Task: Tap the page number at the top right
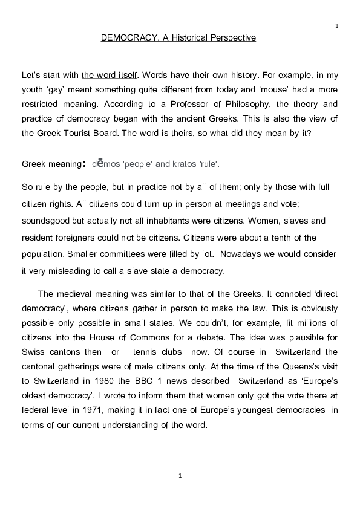click(x=336, y=26)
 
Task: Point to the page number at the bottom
click(x=180, y=476)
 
